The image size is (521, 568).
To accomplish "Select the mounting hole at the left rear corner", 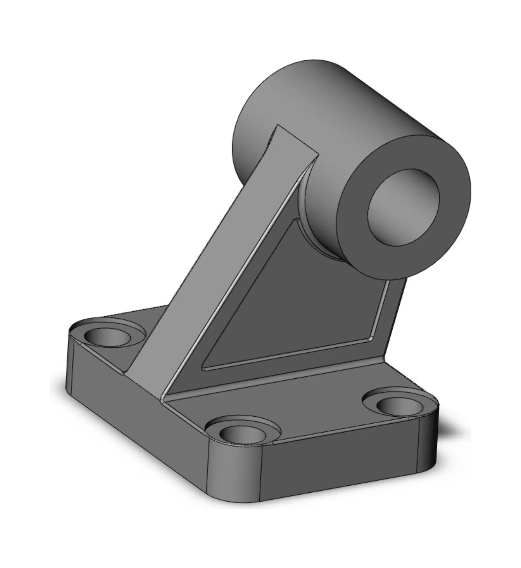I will [x=107, y=337].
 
